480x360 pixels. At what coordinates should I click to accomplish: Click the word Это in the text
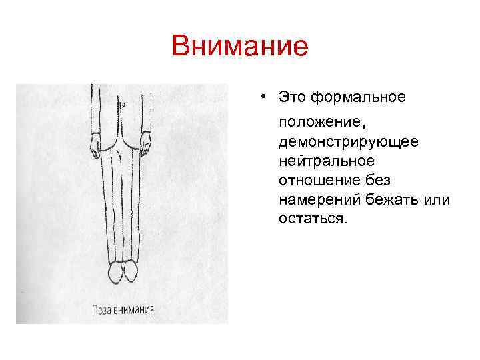(x=294, y=99)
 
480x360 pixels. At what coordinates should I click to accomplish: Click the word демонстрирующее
(x=349, y=142)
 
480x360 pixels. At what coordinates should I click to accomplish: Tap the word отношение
(x=320, y=180)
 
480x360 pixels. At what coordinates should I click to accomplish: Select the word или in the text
(x=439, y=199)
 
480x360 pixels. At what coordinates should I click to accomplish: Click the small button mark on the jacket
(x=124, y=105)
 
